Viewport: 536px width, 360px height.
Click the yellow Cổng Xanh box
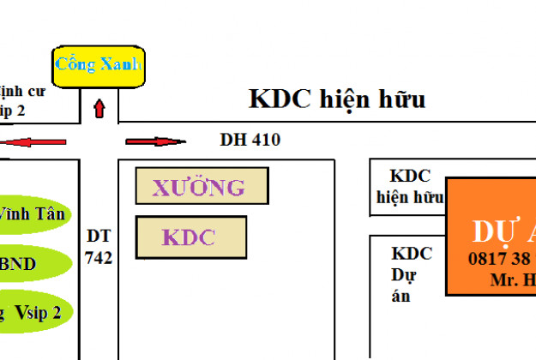98,66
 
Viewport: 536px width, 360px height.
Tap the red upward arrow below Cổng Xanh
99,108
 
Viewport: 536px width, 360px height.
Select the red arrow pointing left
34,141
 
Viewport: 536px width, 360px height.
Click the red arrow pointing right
155,141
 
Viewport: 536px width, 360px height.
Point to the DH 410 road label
250,140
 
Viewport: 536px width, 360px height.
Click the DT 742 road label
99,246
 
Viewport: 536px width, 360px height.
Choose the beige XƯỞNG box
202,186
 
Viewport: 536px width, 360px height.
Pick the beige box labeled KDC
191,237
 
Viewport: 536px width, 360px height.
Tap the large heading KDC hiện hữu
337,99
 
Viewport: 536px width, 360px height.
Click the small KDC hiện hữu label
409,187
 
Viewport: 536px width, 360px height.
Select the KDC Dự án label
411,274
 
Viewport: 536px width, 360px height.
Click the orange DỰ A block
491,236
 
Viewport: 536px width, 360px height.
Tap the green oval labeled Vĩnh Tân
34,214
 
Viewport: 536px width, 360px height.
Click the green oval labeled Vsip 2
34,313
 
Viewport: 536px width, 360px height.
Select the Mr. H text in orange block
513,280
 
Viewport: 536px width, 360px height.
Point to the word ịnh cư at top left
21,91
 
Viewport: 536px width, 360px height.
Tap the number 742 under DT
99,257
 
